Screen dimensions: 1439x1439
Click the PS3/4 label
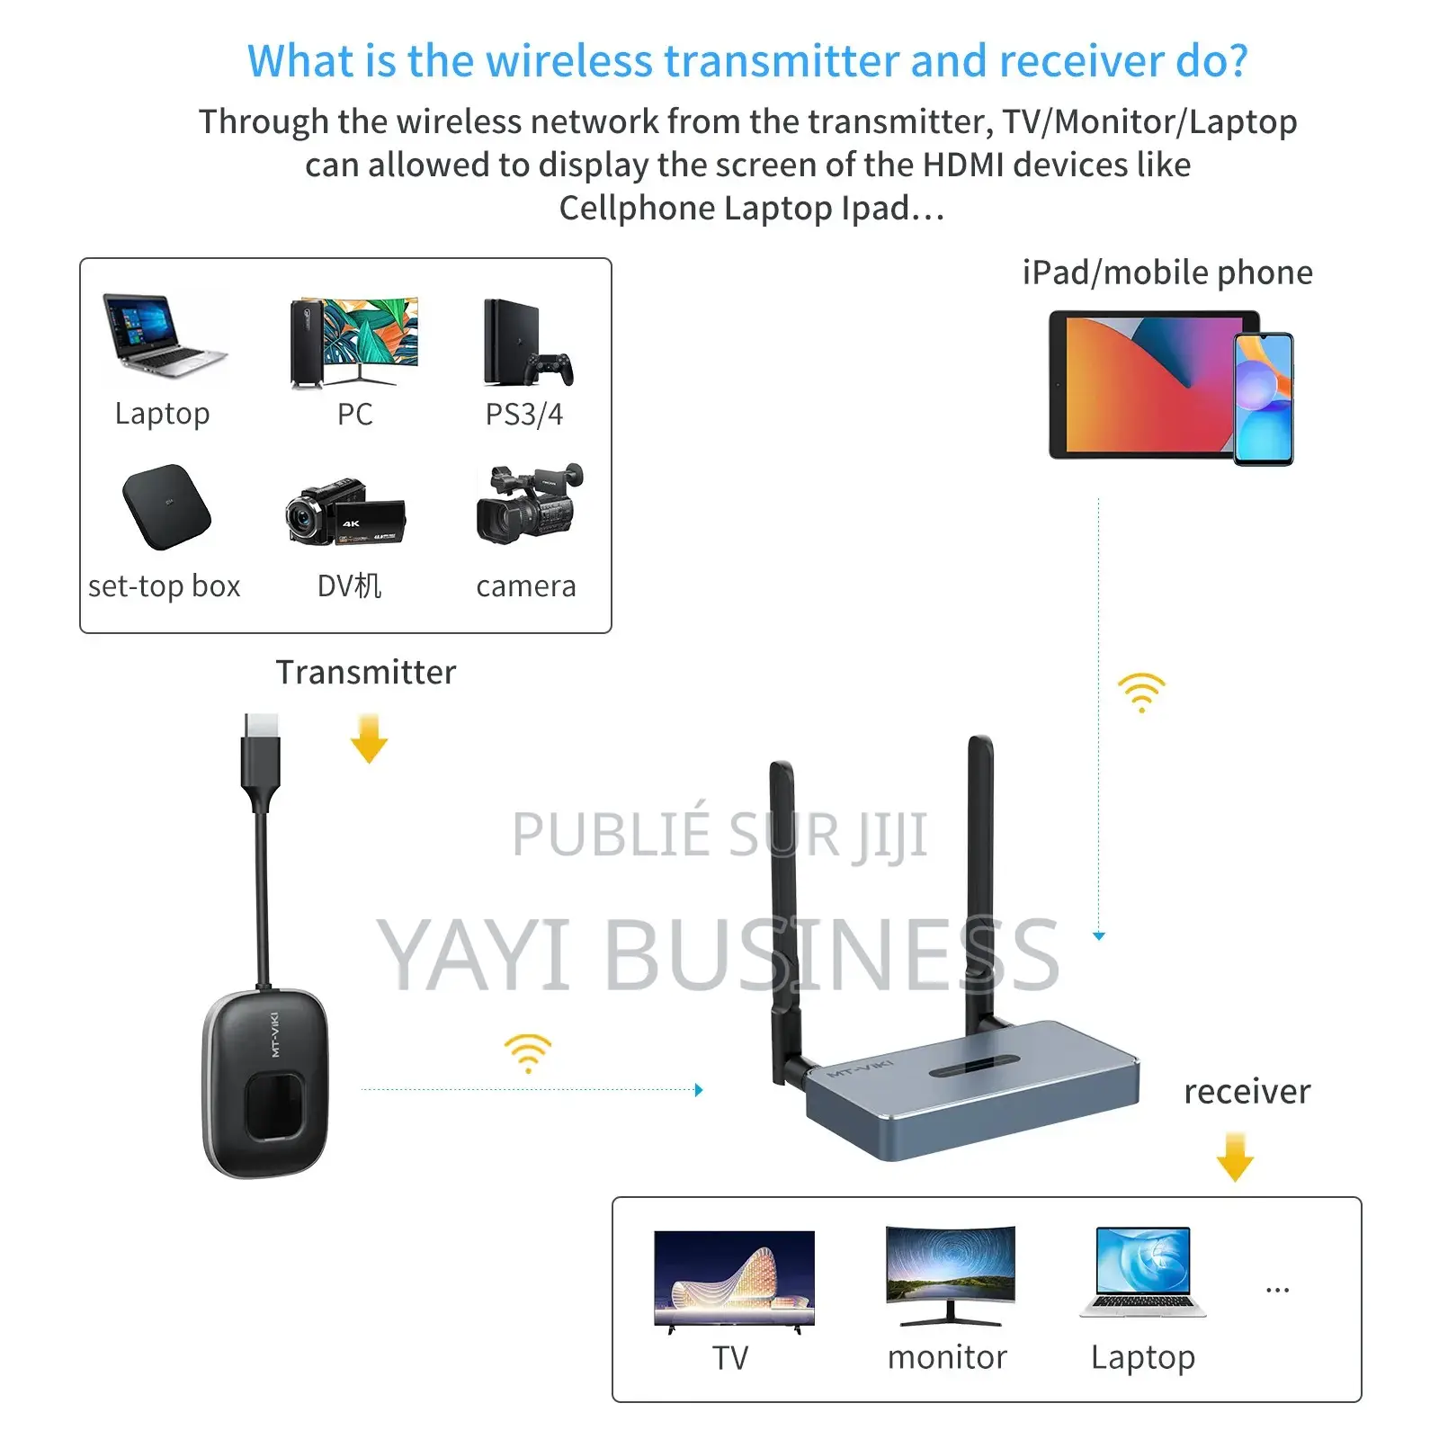(x=524, y=414)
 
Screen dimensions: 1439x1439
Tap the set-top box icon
(x=166, y=506)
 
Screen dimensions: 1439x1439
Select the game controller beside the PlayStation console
(x=550, y=368)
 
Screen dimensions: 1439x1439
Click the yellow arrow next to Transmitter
(x=369, y=738)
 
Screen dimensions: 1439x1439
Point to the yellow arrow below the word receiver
(x=1235, y=1157)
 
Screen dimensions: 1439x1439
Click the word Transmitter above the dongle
(x=366, y=672)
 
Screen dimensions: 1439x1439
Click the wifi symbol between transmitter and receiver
(x=528, y=1052)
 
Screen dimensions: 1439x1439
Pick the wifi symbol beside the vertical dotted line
(x=1141, y=692)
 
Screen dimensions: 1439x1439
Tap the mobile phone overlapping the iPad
(x=1263, y=398)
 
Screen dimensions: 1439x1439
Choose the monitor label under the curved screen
(x=947, y=1356)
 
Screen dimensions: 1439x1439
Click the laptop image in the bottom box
(x=1143, y=1272)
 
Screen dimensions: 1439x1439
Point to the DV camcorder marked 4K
(x=345, y=513)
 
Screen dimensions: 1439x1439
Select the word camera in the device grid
(x=526, y=586)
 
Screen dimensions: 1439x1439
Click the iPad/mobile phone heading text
(x=1167, y=273)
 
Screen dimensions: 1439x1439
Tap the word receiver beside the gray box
(x=1247, y=1092)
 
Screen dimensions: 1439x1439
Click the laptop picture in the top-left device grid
(x=165, y=335)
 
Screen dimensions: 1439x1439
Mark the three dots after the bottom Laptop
(x=1277, y=1291)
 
